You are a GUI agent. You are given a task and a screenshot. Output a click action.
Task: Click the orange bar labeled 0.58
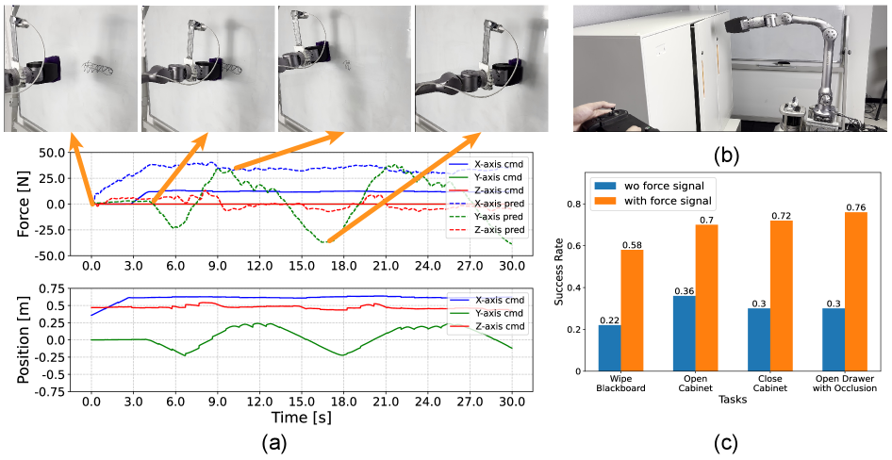pos(632,312)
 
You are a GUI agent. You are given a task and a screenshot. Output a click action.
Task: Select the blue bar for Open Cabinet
pos(683,336)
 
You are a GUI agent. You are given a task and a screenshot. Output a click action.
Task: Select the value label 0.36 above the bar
pos(683,290)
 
